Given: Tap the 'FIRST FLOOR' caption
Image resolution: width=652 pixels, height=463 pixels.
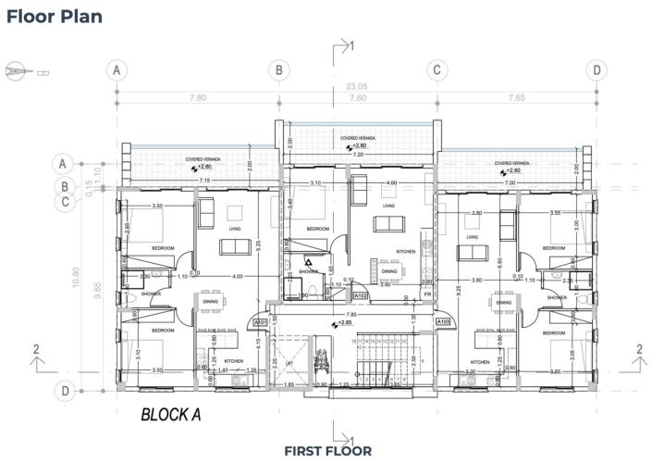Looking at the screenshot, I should pyautogui.click(x=327, y=451).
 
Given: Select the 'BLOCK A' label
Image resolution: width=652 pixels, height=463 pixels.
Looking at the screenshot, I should pyautogui.click(x=171, y=415).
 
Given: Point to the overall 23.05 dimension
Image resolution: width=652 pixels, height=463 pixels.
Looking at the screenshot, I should pyautogui.click(x=357, y=85).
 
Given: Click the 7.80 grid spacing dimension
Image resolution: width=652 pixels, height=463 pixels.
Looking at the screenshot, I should pyautogui.click(x=197, y=97).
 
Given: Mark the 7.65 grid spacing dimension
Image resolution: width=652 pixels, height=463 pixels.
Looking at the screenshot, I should pyautogui.click(x=516, y=97).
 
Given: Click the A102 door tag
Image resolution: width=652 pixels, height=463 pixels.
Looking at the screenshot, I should pyautogui.click(x=363, y=296).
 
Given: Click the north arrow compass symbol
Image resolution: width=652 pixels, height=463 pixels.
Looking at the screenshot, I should pyautogui.click(x=18, y=69).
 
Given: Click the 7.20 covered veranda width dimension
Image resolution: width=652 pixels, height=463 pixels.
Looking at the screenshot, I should pyautogui.click(x=357, y=155).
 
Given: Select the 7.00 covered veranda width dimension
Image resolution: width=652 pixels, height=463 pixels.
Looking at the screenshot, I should pyautogui.click(x=510, y=182).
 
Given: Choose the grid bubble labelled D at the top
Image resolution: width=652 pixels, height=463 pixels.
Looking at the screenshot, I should pyautogui.click(x=597, y=69).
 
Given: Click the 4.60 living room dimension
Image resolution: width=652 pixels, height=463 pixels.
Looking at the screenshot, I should pyautogui.click(x=391, y=183).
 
